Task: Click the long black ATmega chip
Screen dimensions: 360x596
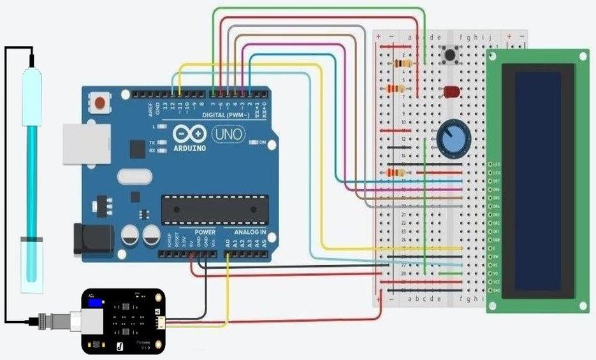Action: tap(212, 210)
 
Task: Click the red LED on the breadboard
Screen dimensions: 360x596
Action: tap(451, 92)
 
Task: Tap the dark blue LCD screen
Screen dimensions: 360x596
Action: tap(538, 180)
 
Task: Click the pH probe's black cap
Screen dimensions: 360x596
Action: tap(31, 62)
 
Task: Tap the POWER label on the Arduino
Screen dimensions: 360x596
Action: tap(205, 233)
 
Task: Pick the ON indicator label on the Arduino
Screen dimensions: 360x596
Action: tap(262, 142)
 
